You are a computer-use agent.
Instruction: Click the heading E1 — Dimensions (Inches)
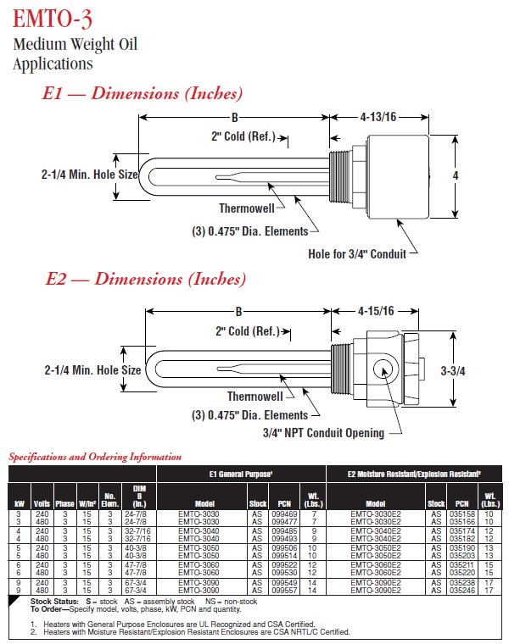pos(143,93)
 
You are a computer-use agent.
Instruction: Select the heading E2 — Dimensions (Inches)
pos(144,279)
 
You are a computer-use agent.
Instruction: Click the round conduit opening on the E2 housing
pos(381,369)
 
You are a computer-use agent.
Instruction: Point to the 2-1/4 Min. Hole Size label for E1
pos(89,175)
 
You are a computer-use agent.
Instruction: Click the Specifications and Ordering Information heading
pos(95,458)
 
